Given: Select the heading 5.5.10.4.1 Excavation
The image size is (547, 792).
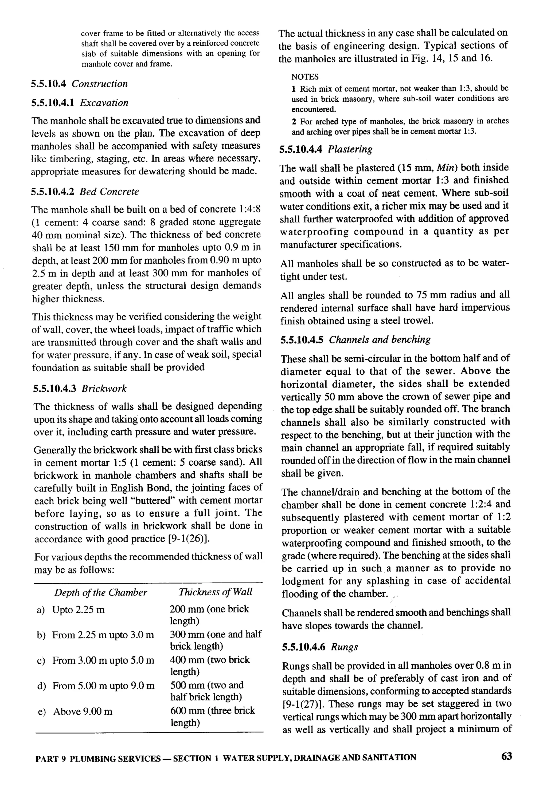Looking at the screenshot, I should point(80,103).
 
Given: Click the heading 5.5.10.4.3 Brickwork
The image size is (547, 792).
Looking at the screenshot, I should point(80,388).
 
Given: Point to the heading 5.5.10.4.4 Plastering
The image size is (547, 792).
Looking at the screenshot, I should point(326,149).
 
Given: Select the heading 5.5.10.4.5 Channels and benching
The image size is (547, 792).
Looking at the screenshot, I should point(355,340).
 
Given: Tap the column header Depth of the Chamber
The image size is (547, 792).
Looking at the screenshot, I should point(100,592).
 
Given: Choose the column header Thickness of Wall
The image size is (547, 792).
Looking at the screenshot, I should point(215,592).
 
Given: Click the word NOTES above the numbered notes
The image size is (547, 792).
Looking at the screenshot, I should point(305,77).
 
